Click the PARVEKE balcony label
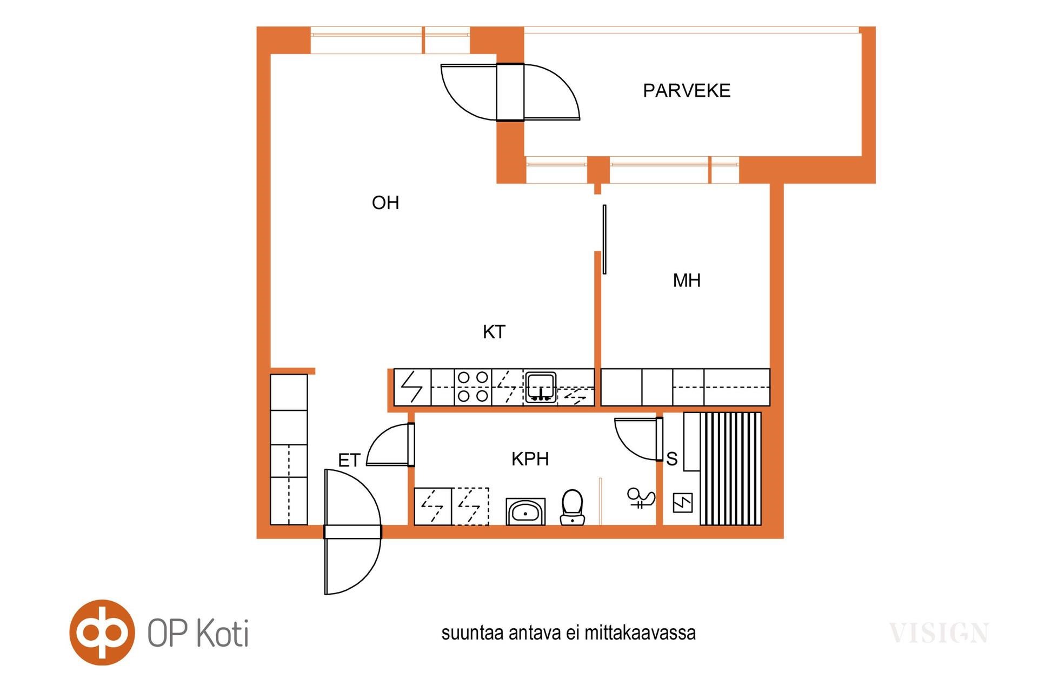[x=687, y=90]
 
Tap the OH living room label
[x=385, y=203]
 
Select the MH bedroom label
[x=687, y=281]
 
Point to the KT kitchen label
[x=494, y=332]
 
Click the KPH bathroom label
[x=530, y=459]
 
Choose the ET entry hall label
[x=349, y=461]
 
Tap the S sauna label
[x=672, y=459]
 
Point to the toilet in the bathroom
[x=573, y=507]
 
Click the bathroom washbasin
[x=525, y=511]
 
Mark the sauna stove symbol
[x=682, y=503]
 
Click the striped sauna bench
[x=730, y=469]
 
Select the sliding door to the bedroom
[x=604, y=239]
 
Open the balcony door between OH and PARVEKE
[x=510, y=92]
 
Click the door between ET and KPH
[x=390, y=445]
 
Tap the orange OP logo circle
[x=102, y=632]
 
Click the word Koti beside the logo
[x=222, y=632]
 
